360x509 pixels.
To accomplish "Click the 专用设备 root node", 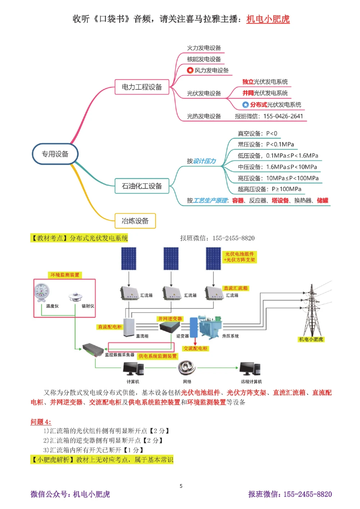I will pyautogui.click(x=55, y=154).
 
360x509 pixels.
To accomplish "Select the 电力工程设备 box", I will pyautogui.click(x=142, y=87).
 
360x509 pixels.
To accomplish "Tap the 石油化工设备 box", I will pyautogui.click(x=142, y=186).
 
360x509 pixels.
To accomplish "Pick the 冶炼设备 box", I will pyautogui.click(x=135, y=221).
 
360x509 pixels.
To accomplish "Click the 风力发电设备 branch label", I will pyautogui.click(x=211, y=71).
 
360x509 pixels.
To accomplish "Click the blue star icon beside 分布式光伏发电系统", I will pyautogui.click(x=246, y=105).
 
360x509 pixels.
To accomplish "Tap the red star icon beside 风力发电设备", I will pyautogui.click(x=190, y=70).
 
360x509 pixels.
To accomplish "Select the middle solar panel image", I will pyautogui.click(x=171, y=258).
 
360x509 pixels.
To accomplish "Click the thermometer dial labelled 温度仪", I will pyautogui.click(x=42, y=292).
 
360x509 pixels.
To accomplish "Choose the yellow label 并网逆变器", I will pyautogui.click(x=170, y=319).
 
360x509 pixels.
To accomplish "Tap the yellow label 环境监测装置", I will pyautogui.click(x=65, y=275).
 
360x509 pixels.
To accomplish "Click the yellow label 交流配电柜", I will pyautogui.click(x=195, y=348).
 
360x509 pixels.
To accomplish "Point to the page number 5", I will pyautogui.click(x=181, y=486).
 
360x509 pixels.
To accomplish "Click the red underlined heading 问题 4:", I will pyautogui.click(x=41, y=422).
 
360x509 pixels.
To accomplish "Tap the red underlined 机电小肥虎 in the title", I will pyautogui.click(x=268, y=19).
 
